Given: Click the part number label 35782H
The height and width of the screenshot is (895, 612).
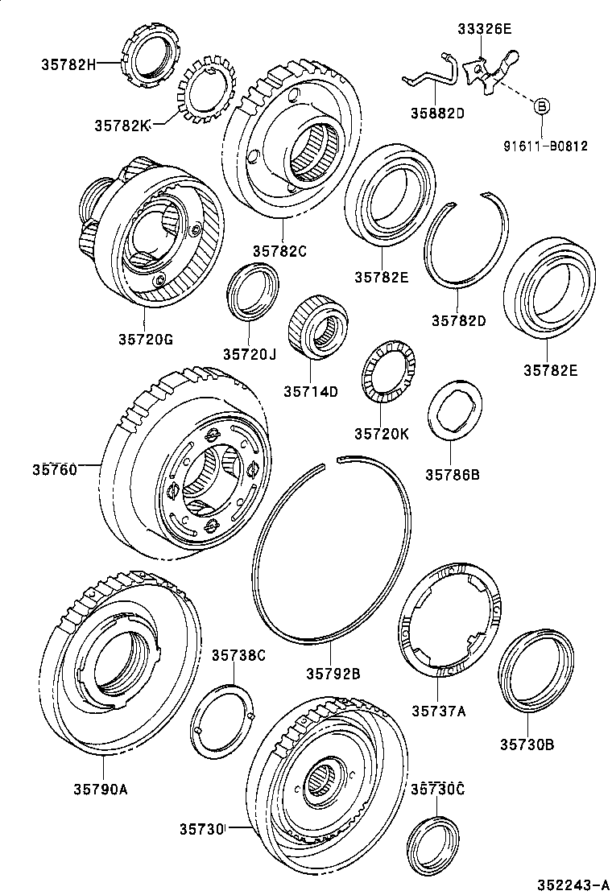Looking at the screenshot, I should [x=67, y=63].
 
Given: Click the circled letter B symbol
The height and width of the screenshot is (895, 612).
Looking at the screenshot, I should [x=542, y=105].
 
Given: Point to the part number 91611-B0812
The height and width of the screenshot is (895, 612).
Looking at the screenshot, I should [x=546, y=146].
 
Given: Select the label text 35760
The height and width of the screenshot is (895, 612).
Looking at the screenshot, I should [x=55, y=469].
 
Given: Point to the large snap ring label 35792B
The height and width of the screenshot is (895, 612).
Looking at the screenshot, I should [x=333, y=673].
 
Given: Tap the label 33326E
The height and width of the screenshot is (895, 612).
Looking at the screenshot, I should [x=484, y=30].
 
